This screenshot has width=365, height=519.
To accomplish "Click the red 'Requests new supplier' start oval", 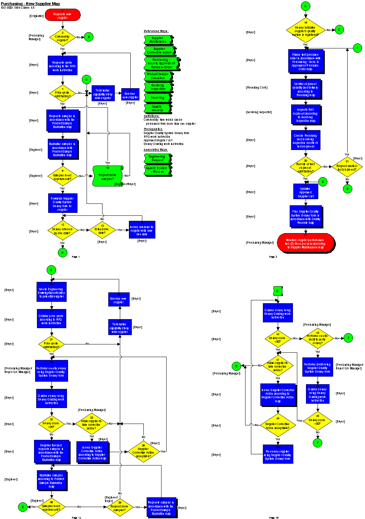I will tap(63, 15).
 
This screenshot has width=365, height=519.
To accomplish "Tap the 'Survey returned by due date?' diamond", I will tap(62, 230).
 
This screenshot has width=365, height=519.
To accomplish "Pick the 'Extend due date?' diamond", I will tap(102, 230).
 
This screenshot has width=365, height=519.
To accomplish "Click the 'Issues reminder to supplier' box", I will tap(142, 230).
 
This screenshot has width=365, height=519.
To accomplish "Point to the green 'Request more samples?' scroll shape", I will tap(108, 176).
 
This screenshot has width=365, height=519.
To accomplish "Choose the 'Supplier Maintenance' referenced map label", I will tap(158, 40).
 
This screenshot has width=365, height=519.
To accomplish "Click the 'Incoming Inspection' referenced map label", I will tap(158, 87).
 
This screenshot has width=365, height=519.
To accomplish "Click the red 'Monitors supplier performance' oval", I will tap(306, 243).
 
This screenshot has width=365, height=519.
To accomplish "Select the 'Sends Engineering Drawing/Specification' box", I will tap(51, 292).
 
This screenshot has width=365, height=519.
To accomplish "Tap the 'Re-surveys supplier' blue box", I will tap(278, 454).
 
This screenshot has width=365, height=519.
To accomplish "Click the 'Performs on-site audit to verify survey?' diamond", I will tap(318, 339).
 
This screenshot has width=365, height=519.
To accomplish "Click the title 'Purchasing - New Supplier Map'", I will tap(30, 4).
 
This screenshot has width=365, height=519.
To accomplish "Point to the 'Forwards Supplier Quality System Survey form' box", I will tap(63, 203).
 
